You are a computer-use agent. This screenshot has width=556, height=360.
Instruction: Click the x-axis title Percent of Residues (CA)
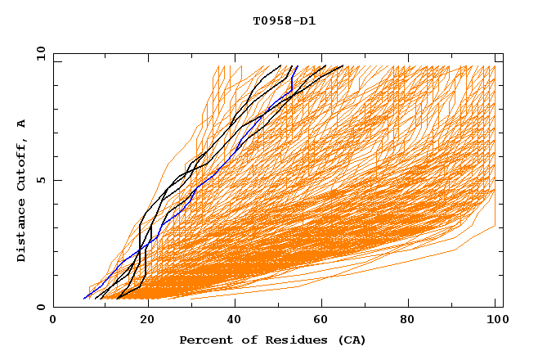click(x=272, y=340)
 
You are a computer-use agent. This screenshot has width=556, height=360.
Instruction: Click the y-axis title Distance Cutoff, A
click(x=22, y=190)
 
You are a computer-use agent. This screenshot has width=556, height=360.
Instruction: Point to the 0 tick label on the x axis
click(x=53, y=321)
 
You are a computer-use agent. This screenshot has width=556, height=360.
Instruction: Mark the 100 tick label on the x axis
click(x=495, y=321)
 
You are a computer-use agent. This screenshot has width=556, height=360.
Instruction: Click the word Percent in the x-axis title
click(x=203, y=340)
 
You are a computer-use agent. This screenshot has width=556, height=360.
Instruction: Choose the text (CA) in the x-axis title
click(x=352, y=340)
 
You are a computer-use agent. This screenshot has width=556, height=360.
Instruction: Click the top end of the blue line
click(x=297, y=66)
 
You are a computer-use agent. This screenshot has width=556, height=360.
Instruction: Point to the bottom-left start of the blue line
click(x=83, y=299)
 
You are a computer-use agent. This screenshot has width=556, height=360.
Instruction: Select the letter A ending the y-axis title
click(x=22, y=123)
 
